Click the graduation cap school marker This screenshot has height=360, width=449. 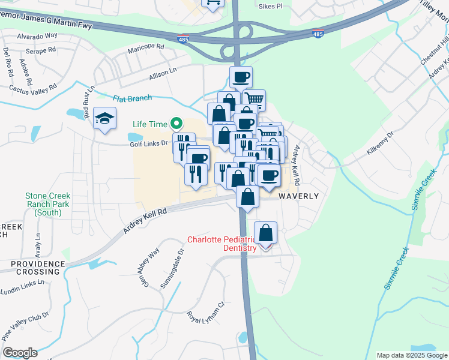104,118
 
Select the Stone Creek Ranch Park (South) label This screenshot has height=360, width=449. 47,204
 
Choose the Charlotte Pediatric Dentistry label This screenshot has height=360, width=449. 222,244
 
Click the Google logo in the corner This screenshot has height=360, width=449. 20,353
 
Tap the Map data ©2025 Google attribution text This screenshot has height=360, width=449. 412,355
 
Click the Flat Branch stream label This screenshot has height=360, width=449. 132,98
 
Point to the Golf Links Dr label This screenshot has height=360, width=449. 148,143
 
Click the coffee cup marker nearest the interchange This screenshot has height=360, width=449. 241,77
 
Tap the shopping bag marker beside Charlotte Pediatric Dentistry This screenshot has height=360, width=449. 265,234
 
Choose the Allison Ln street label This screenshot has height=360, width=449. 163,73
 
